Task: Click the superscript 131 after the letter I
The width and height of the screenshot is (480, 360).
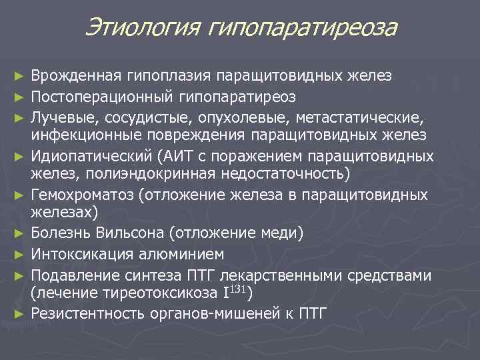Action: pos(237,289)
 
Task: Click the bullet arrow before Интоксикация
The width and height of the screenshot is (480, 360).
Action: pos(21,255)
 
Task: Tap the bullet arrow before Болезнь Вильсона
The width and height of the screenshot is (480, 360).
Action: pos(21,234)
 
